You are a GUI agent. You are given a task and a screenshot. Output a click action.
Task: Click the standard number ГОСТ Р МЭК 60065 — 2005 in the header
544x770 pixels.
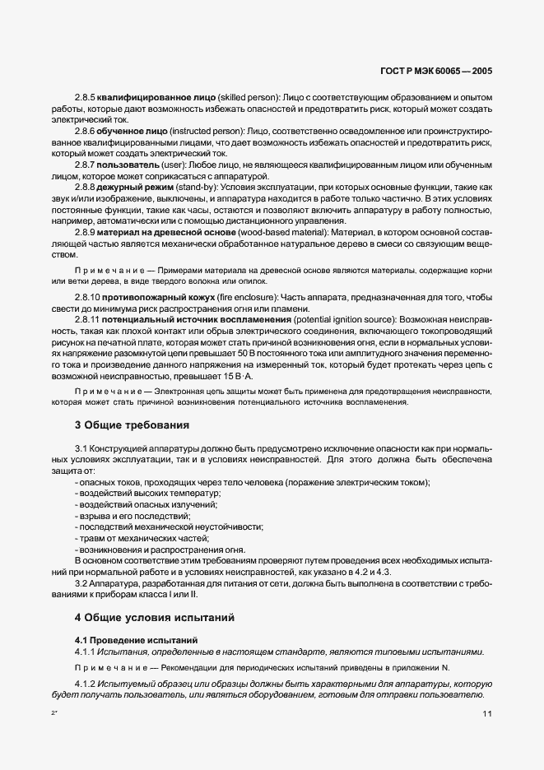(437, 72)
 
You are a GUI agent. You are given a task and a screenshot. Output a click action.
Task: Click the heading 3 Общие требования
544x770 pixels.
(132, 425)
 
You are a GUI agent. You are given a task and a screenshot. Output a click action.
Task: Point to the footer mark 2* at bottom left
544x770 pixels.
(53, 715)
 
